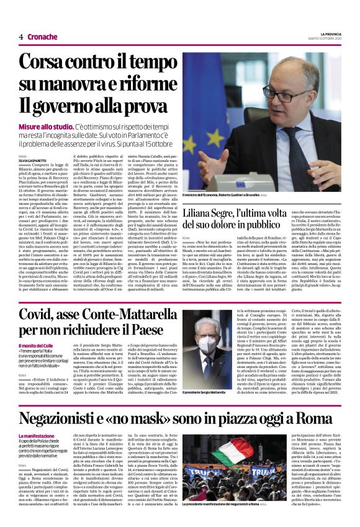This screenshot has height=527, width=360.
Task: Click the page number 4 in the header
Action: (20, 37)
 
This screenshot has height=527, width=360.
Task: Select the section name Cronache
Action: (42, 37)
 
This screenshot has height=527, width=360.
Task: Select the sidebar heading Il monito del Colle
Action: (39, 345)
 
